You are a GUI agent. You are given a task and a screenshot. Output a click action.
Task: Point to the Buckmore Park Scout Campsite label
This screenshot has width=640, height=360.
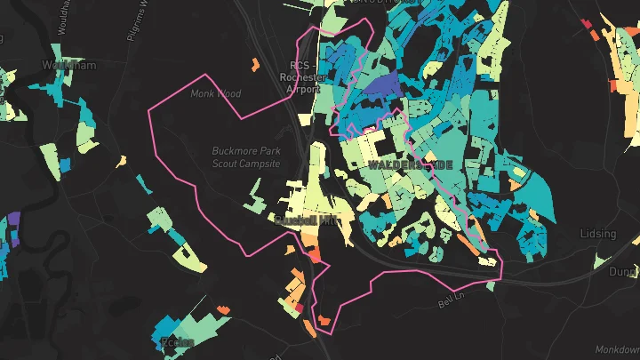[x=246, y=157]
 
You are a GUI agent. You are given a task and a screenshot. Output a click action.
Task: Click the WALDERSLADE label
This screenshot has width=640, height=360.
[x=410, y=166]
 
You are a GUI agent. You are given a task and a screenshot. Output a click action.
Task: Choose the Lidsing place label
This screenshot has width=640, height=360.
[x=597, y=234]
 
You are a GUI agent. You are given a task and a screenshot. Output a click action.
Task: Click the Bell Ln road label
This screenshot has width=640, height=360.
[x=451, y=303]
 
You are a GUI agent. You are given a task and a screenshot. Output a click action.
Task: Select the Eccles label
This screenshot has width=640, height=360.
[x=176, y=342]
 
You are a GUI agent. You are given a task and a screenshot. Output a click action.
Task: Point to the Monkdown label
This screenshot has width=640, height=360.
[x=619, y=349]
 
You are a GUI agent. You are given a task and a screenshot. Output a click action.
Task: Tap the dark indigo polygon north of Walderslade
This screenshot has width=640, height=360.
[x=381, y=86]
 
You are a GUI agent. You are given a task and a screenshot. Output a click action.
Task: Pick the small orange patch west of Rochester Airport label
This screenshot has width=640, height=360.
[x=255, y=63]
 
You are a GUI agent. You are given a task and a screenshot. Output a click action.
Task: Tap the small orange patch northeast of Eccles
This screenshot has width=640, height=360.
[x=223, y=308]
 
